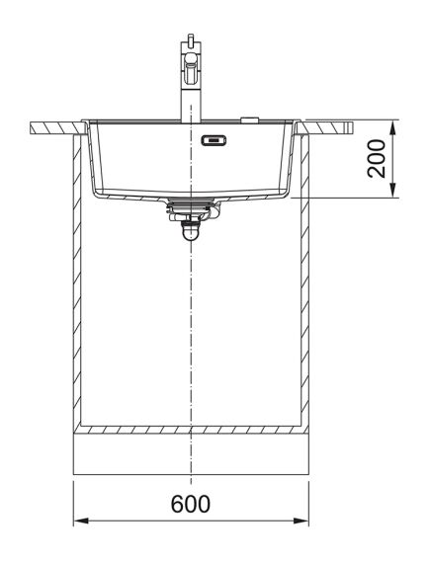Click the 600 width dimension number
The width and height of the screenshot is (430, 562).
(x=190, y=504)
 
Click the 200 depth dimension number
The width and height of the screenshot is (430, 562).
(x=376, y=158)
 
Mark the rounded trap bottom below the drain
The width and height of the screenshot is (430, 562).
(x=188, y=233)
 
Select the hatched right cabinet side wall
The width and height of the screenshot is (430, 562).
(x=306, y=286)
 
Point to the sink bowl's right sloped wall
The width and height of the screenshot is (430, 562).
(x=292, y=158)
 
